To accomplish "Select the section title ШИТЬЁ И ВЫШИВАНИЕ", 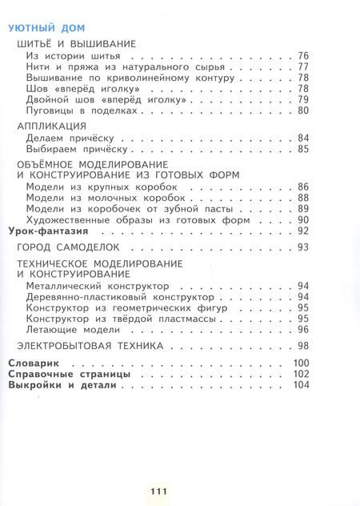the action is (x=75, y=43).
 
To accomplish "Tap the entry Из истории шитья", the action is (x=73, y=56).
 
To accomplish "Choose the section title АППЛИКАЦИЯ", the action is (x=51, y=126).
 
